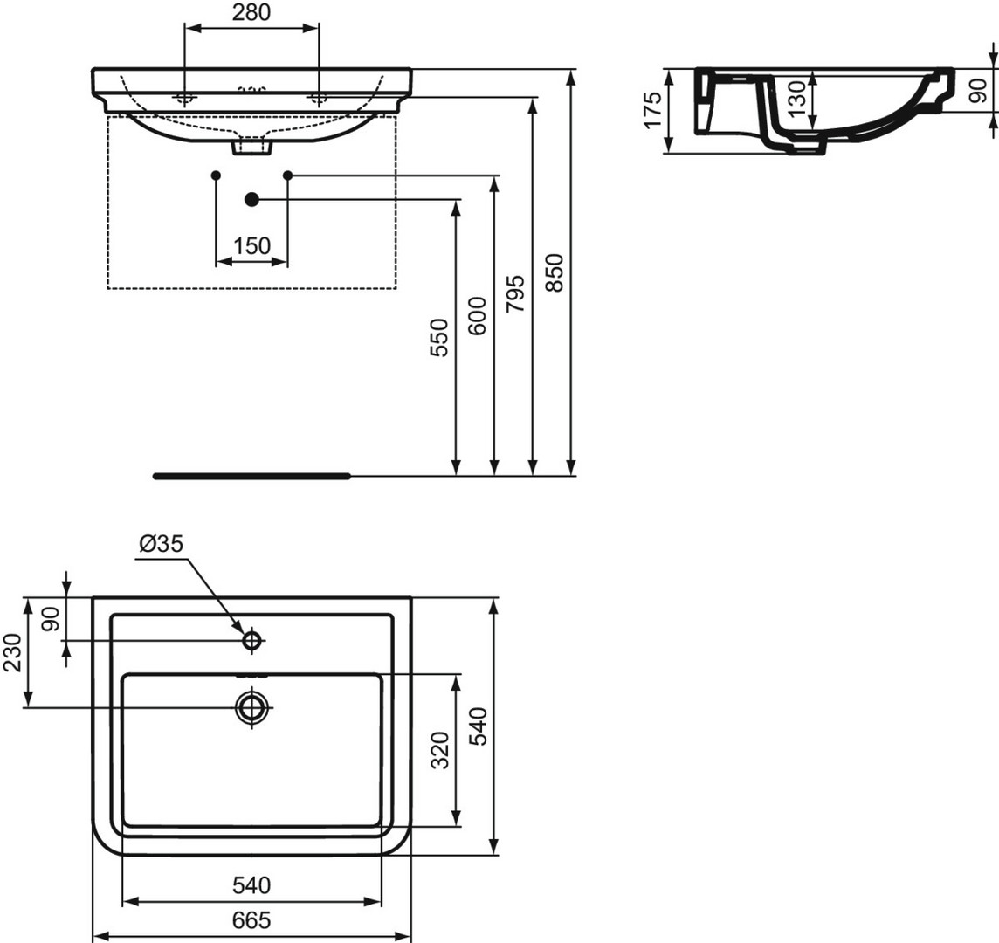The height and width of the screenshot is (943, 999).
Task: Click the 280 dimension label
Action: pos(251,12)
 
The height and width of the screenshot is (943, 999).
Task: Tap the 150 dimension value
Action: pos(252,245)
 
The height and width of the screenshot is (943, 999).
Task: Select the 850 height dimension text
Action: pos(555,272)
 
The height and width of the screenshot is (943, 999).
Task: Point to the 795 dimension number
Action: pos(515,293)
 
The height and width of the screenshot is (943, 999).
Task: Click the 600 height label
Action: pos(477,316)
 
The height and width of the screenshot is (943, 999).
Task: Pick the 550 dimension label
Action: pos(439,338)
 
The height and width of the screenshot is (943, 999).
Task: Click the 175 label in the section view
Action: pos(653,110)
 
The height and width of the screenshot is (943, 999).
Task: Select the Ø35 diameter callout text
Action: pos(161,543)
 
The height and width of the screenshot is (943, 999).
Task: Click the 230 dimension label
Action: pos(14,652)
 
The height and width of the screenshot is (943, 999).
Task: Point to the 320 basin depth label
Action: pos(440,750)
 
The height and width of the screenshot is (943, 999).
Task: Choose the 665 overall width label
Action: pos(251,920)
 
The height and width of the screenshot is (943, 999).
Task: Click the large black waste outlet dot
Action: pos(251,199)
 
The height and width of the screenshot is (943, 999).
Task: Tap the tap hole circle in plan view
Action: pos(252,640)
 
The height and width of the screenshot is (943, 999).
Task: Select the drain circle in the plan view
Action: pos(253,707)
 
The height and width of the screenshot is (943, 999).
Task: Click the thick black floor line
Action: pos(251,476)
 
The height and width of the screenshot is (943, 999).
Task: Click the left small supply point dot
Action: pos(216,175)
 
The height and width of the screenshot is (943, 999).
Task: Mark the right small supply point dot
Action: pos(287,175)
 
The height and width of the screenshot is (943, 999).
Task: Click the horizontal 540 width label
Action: pos(251,885)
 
